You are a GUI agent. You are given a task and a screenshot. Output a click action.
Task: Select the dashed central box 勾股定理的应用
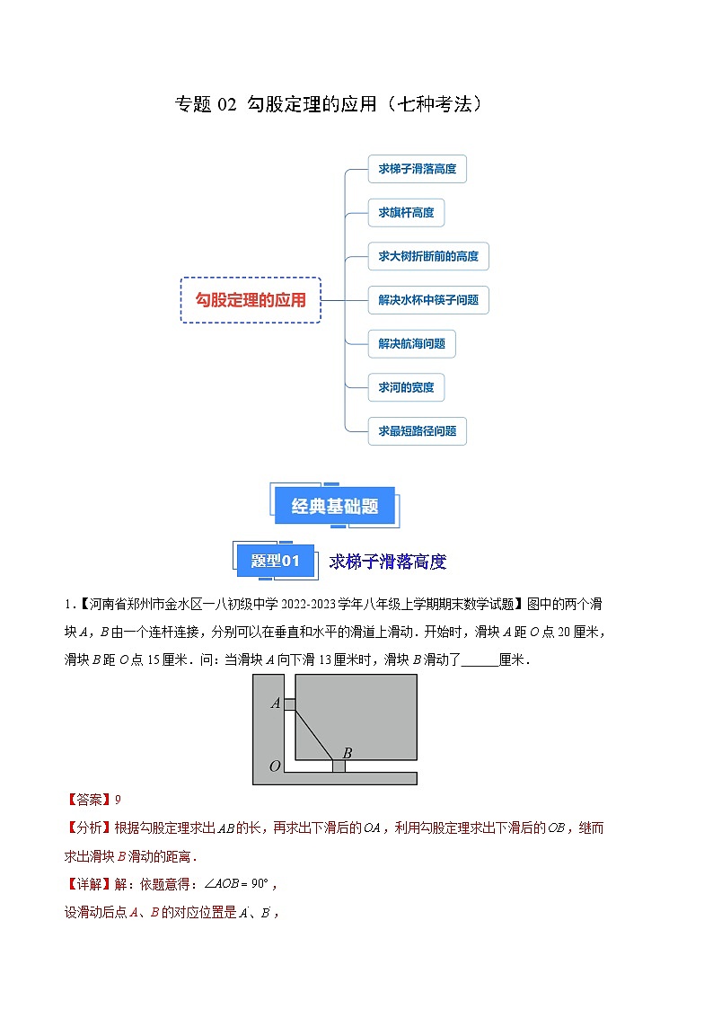point(251,300)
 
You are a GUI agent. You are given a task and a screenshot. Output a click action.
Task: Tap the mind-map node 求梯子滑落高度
point(417,168)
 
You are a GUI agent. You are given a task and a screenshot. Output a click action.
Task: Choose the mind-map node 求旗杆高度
point(406,212)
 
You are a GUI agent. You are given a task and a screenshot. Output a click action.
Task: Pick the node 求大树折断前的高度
point(428,256)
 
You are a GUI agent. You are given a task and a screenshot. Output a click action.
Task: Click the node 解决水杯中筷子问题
point(428,300)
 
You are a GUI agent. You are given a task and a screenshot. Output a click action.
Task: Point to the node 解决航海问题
point(411,343)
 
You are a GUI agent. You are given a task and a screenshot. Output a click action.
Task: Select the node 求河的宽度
point(406,387)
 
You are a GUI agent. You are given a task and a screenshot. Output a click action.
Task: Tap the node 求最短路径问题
point(417,431)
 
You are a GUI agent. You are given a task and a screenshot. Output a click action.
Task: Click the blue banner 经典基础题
point(335,507)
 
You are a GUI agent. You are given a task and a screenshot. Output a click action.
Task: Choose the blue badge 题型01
point(274,562)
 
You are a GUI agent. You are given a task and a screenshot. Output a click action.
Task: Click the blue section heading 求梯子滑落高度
point(387,562)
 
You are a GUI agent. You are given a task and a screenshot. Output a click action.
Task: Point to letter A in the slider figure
point(276,703)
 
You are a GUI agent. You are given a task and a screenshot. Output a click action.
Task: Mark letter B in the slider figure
point(347,752)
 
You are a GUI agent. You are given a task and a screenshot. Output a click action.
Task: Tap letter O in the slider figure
point(276,766)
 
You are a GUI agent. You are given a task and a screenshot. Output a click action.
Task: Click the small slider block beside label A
point(289,704)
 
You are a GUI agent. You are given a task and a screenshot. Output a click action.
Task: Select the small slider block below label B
point(339,766)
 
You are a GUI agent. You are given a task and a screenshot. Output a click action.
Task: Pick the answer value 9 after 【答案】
point(118,800)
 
